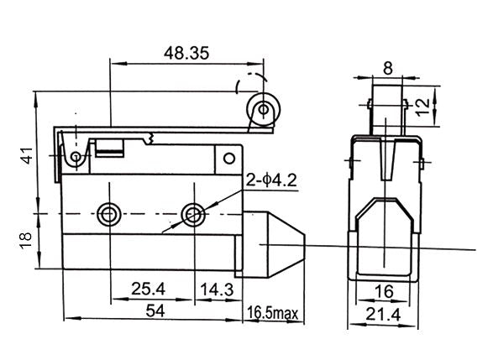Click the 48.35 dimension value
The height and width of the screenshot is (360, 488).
tap(186, 53)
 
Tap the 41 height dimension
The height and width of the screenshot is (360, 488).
tap(27, 155)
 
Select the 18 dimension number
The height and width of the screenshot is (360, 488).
tap(25, 240)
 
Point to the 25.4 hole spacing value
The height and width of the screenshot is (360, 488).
tap(148, 289)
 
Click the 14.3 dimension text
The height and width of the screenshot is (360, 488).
tap(217, 290)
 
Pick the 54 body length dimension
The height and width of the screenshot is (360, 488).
tap(155, 310)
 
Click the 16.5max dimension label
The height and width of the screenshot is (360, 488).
tap(273, 313)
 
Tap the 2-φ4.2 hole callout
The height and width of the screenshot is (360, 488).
tap(271, 180)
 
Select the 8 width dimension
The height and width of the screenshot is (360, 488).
tap(388, 68)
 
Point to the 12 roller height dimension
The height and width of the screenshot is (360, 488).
tap(422, 107)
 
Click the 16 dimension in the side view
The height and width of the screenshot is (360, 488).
tap(384, 291)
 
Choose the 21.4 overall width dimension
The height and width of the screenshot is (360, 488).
tap(383, 315)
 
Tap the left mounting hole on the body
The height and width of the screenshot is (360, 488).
tap(108, 214)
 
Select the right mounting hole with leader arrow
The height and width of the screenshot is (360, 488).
tap(193, 214)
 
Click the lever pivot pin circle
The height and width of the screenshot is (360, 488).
tap(76, 156)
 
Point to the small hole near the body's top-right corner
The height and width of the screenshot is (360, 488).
tap(229, 159)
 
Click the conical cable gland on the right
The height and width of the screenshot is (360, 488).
tap(270, 245)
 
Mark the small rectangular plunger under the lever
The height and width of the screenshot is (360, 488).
tap(109, 148)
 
